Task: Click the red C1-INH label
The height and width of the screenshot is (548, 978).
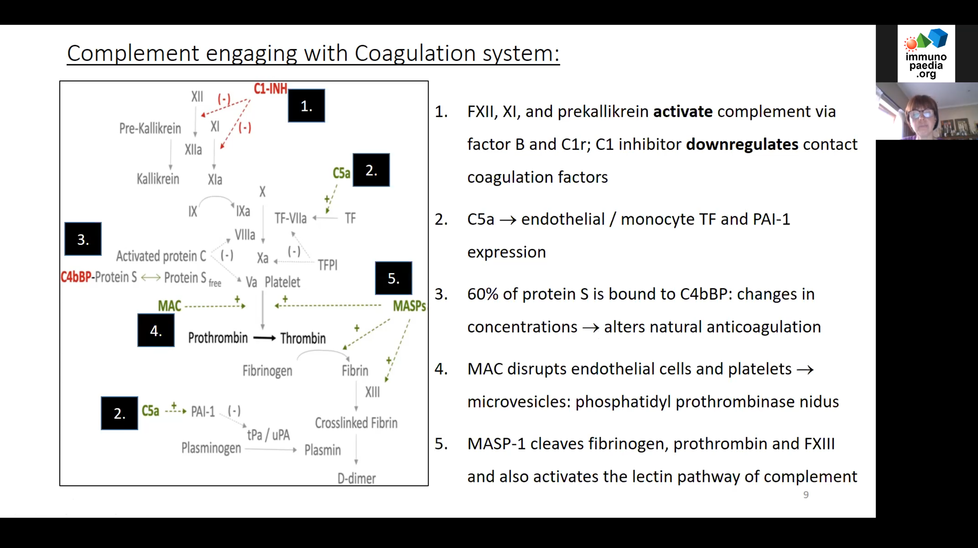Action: (x=270, y=89)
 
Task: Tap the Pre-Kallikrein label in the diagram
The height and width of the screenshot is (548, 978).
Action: (x=150, y=129)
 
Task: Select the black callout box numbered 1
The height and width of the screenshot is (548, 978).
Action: (x=306, y=106)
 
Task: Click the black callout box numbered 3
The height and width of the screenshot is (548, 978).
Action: (x=83, y=239)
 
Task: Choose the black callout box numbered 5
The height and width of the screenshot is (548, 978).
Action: (x=393, y=278)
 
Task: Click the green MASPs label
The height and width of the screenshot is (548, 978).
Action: (x=409, y=306)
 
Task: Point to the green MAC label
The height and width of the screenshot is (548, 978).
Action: (x=169, y=306)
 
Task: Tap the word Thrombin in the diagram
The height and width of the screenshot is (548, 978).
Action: (x=303, y=338)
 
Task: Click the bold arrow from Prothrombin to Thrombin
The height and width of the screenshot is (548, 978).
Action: (x=264, y=338)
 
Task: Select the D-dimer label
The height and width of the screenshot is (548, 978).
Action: (x=357, y=478)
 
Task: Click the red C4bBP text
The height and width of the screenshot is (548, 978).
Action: (x=76, y=277)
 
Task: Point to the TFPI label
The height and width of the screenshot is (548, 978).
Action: (x=328, y=265)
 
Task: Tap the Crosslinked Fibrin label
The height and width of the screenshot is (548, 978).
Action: (x=356, y=423)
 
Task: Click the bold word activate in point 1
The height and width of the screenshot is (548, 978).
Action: (x=683, y=112)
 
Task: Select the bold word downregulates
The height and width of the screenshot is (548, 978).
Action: (x=742, y=144)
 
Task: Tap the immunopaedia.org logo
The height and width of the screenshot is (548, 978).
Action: (x=926, y=54)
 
